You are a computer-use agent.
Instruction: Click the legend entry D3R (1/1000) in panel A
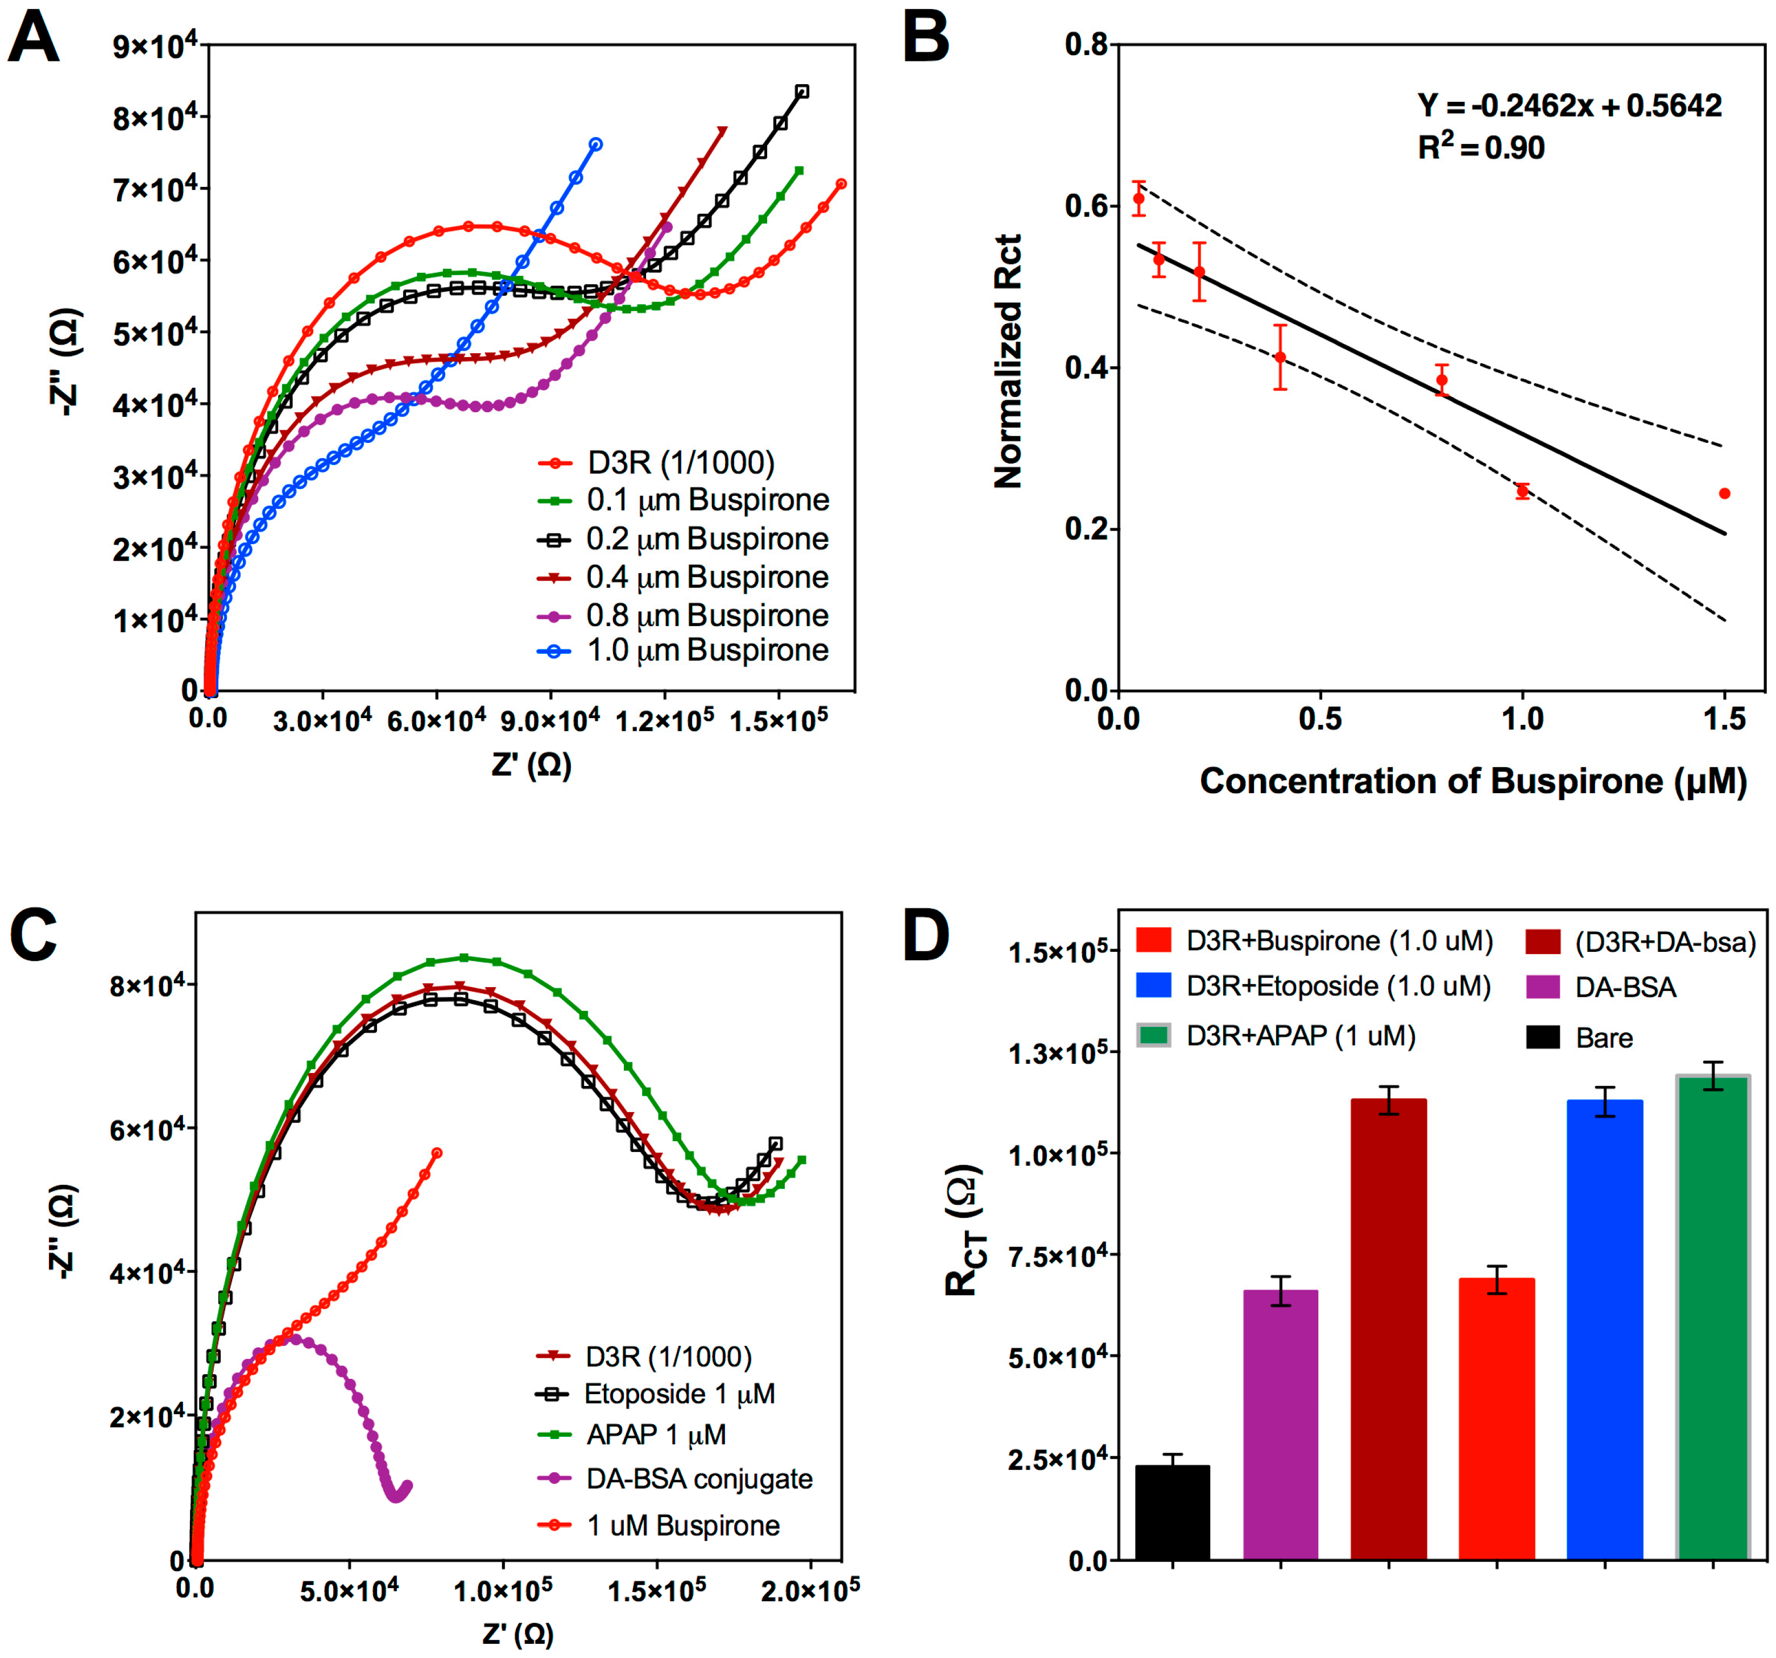coord(680,463)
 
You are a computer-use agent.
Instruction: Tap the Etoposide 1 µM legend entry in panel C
coord(679,1394)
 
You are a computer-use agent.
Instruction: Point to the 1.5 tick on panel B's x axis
coord(1724,719)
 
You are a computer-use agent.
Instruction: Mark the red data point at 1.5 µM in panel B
coord(1724,493)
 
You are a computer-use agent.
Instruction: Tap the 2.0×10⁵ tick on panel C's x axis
coord(810,1588)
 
